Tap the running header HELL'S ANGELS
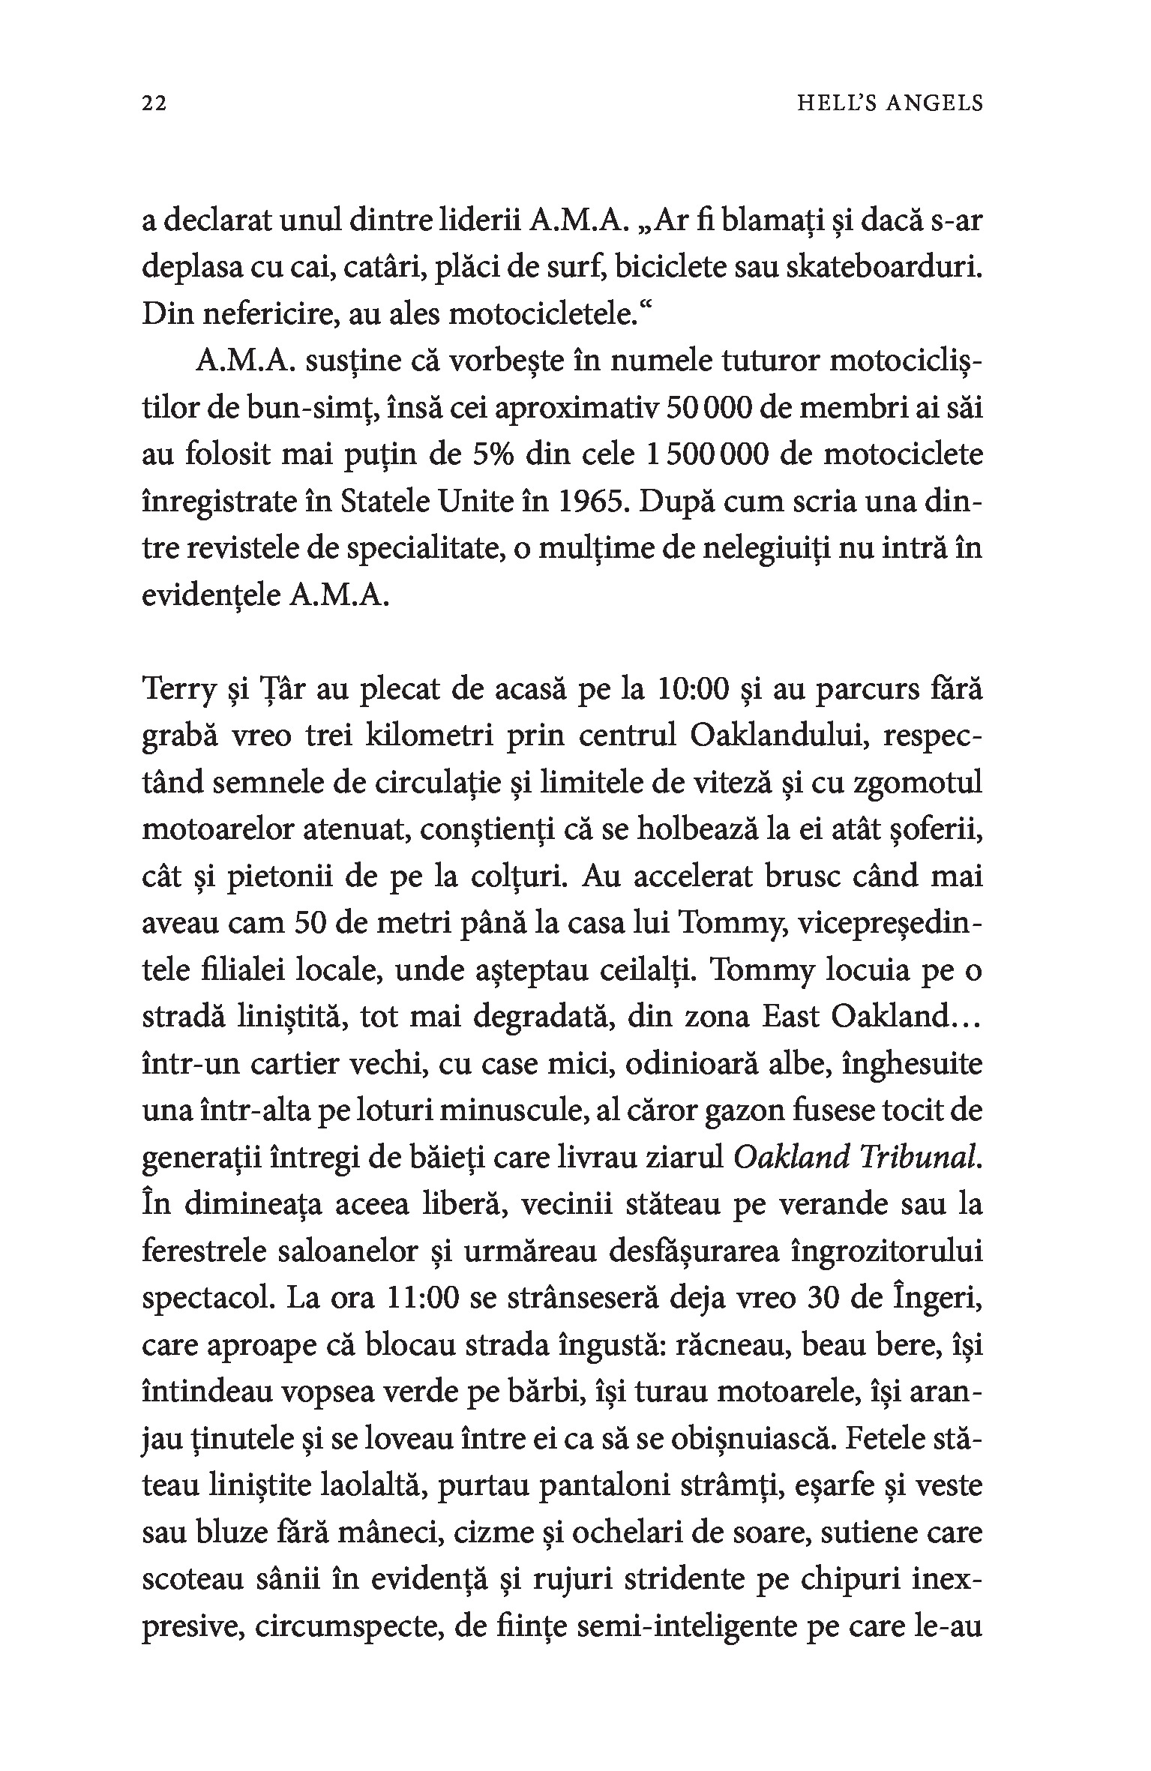(889, 103)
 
